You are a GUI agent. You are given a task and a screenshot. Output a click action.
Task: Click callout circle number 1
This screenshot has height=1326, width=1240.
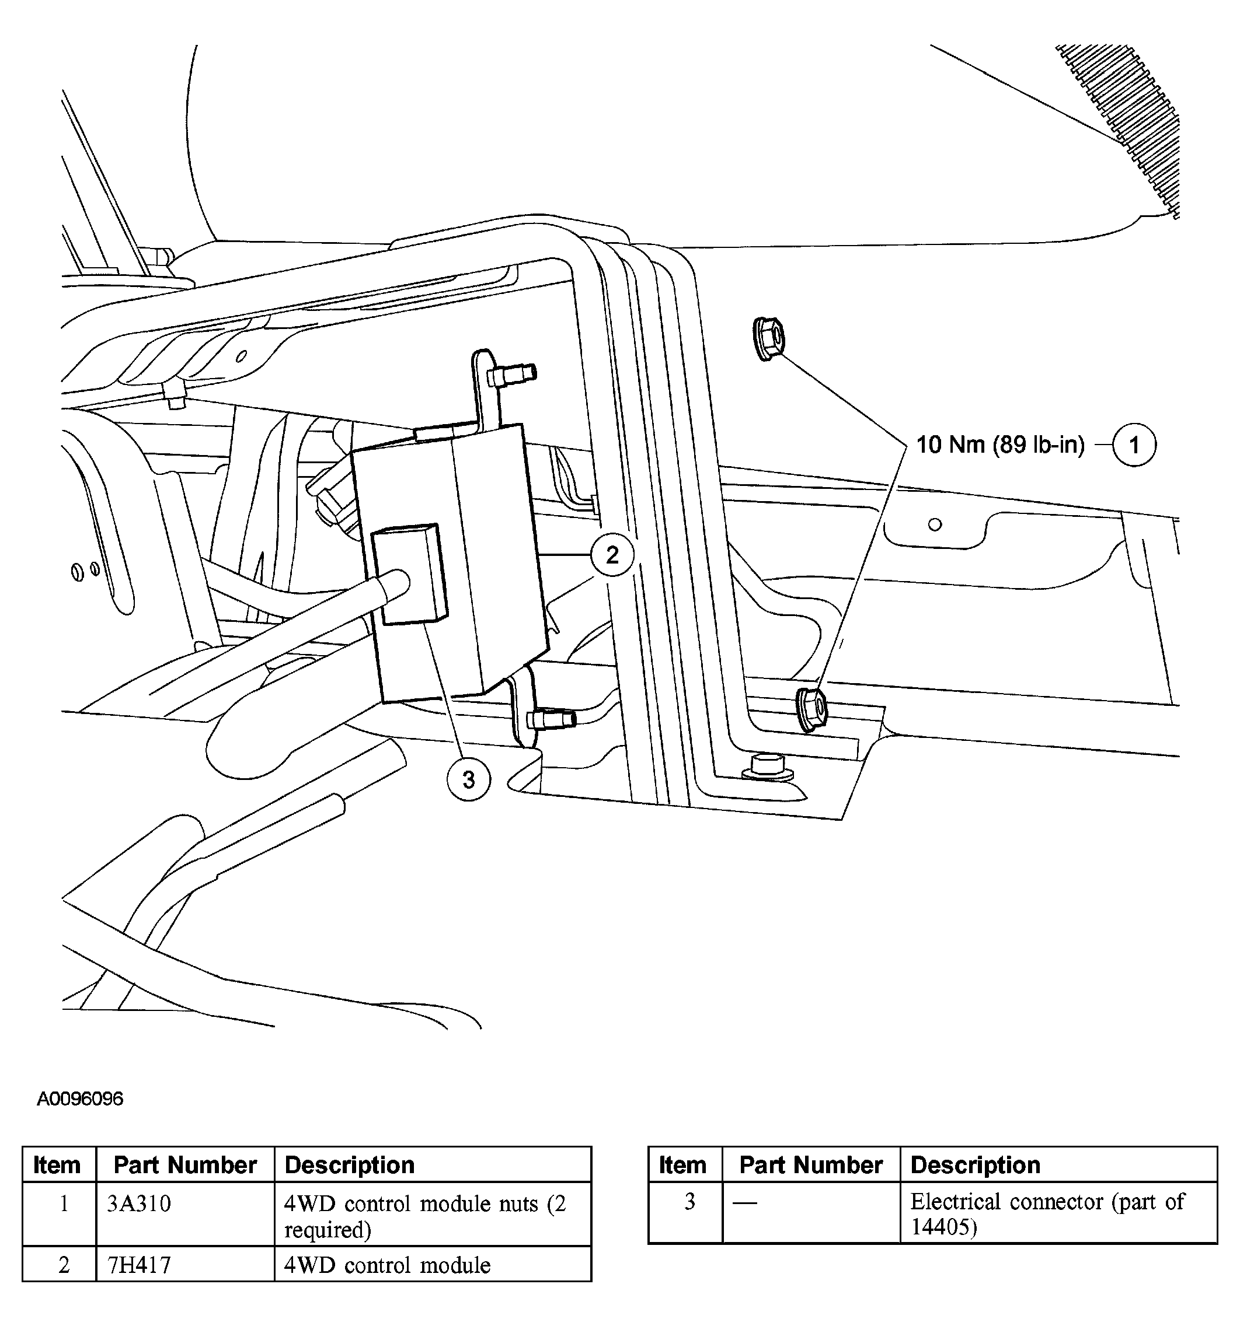tap(1134, 445)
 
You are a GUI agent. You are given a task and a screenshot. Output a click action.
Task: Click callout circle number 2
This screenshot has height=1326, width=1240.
tap(612, 554)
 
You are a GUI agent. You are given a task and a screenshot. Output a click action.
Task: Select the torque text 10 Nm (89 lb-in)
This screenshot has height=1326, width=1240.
tap(999, 445)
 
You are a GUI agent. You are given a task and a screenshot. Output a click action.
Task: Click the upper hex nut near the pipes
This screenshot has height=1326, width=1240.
tap(768, 340)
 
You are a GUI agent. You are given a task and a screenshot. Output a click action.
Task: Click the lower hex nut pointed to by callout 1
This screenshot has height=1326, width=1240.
tap(811, 711)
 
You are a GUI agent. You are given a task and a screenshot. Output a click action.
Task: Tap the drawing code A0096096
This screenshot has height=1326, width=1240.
tap(80, 1098)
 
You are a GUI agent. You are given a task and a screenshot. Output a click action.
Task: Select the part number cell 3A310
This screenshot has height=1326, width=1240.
tap(139, 1203)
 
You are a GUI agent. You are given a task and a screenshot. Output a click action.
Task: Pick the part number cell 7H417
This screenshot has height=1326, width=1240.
tap(139, 1265)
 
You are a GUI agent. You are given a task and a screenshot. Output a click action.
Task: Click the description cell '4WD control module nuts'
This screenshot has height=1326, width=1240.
tap(425, 1215)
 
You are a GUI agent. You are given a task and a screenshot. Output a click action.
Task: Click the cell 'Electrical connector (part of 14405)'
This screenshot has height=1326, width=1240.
tap(1046, 1214)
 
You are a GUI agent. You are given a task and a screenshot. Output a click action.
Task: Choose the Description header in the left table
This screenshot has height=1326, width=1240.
tap(350, 1165)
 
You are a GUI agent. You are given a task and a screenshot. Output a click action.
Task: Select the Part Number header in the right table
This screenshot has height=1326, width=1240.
tap(811, 1165)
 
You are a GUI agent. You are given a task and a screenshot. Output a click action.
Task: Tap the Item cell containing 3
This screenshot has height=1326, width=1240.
tap(689, 1202)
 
